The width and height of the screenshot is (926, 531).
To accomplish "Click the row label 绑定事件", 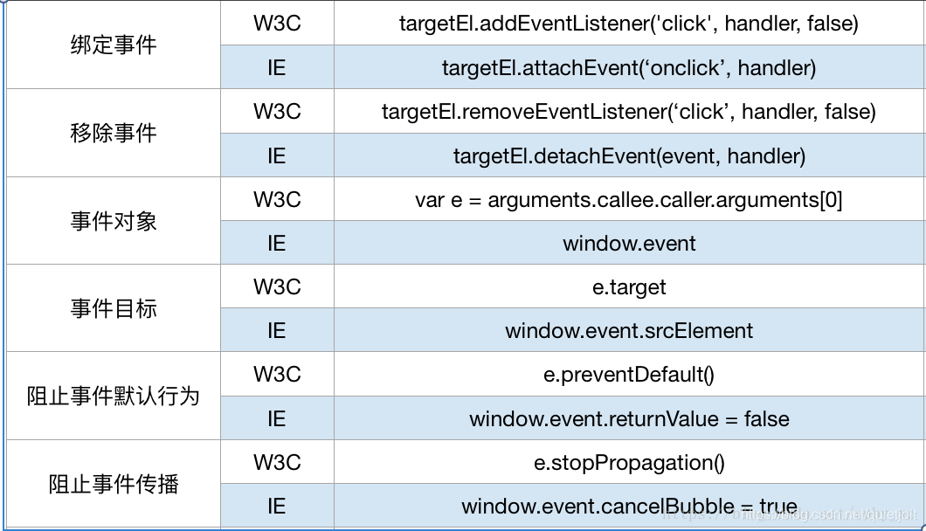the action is tap(114, 45).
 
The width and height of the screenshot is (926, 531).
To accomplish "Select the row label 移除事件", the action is tap(114, 133).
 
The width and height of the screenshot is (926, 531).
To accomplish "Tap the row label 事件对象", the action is tap(114, 221).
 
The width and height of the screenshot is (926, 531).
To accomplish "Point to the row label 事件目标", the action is tap(114, 308).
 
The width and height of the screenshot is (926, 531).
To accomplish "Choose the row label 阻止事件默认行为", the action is tap(114, 397).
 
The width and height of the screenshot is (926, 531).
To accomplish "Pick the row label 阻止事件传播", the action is tap(114, 485).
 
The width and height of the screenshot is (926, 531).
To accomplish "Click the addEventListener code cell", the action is tap(629, 24).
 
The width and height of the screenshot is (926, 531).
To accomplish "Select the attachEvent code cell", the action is tap(629, 68).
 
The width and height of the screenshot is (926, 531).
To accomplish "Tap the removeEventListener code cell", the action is tap(629, 112).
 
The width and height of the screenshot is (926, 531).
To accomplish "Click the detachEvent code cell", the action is tap(629, 156).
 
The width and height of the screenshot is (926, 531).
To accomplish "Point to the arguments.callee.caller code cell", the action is tap(629, 200).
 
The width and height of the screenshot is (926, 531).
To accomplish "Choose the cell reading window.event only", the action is tap(629, 244).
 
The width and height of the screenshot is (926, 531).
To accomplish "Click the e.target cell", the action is tap(629, 287).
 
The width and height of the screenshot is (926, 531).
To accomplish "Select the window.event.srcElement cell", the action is tap(629, 331).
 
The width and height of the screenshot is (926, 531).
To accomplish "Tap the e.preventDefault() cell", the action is tap(629, 375).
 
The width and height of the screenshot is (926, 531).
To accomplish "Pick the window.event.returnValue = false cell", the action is tap(629, 419).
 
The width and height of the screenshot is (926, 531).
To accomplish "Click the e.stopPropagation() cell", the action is tap(629, 463).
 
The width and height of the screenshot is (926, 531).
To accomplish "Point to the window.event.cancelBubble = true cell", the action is tap(629, 507).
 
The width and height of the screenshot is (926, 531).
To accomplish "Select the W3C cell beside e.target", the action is tap(277, 286).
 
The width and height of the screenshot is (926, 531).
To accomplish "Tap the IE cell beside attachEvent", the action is tap(276, 68).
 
